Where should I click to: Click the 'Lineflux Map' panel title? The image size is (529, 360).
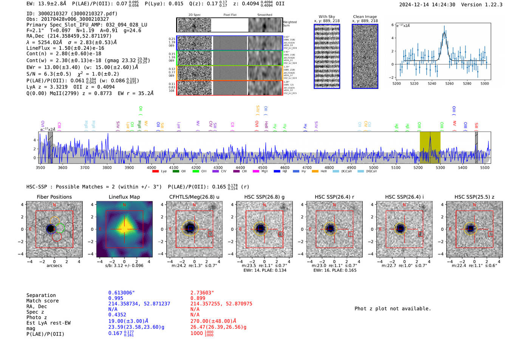click(124, 197)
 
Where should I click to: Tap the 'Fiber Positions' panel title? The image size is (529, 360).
click(54, 197)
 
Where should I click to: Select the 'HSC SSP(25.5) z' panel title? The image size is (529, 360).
click(474, 197)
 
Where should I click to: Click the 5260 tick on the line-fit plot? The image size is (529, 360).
click(449, 83)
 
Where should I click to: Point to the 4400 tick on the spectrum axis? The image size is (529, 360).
click(240, 167)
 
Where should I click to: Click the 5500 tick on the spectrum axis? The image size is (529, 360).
click(485, 167)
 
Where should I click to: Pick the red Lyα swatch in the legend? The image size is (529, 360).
click(155, 172)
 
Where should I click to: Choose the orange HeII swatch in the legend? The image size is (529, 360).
click(315, 172)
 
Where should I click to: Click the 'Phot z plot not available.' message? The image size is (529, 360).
click(393, 309)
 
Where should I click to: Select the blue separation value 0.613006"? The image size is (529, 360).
click(121, 293)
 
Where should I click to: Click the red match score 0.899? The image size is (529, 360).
click(198, 298)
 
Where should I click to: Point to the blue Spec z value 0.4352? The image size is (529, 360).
click(117, 315)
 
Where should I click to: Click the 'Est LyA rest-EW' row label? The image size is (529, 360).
click(48, 323)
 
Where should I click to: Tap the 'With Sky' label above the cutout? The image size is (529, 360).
click(327, 17)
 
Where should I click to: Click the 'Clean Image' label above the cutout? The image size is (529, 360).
click(365, 17)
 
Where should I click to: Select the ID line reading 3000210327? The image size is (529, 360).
click(72, 14)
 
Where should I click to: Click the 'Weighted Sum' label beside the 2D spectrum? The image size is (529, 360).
click(290, 24)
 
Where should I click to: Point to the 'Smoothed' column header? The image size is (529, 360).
click(264, 15)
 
